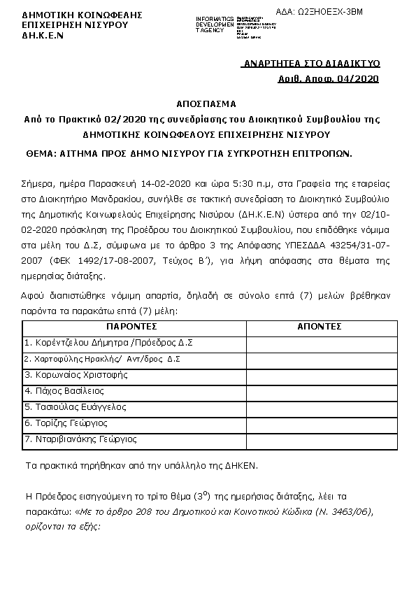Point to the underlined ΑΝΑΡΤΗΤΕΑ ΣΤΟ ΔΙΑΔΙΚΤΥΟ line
[310, 64]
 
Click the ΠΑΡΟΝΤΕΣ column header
[131, 327]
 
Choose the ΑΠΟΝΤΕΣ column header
[319, 327]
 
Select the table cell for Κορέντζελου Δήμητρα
[108, 343]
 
